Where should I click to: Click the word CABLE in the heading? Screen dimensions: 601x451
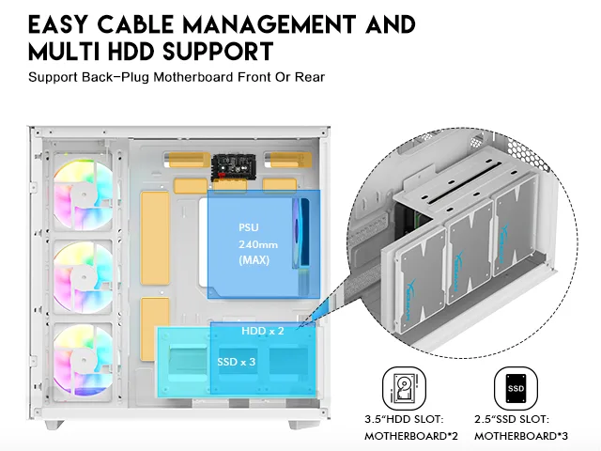click(135, 24)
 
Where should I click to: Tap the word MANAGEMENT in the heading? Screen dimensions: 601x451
click(270, 24)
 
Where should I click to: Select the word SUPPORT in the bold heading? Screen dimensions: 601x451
click(218, 52)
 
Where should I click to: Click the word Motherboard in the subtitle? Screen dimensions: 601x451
click(193, 77)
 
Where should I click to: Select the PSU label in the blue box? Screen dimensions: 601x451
click(248, 227)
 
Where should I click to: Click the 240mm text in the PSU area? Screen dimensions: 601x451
click(258, 244)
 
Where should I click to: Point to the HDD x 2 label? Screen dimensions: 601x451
click(263, 331)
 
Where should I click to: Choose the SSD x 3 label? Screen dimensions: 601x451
click(236, 362)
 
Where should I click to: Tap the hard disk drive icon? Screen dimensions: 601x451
click(404, 388)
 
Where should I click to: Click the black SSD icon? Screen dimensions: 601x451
click(516, 388)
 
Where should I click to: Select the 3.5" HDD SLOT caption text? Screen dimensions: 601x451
click(404, 419)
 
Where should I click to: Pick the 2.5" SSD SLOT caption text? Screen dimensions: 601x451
click(512, 419)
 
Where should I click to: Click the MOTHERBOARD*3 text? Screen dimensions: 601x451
click(521, 436)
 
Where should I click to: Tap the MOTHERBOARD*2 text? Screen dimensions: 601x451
click(411, 436)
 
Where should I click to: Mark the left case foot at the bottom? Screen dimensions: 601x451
click(54, 425)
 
